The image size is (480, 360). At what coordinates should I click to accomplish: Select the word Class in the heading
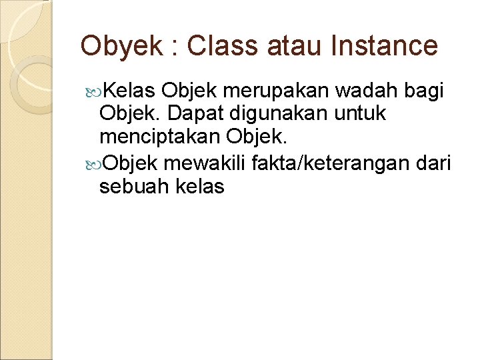tap(218, 46)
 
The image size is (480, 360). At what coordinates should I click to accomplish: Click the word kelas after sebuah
tap(200, 186)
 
